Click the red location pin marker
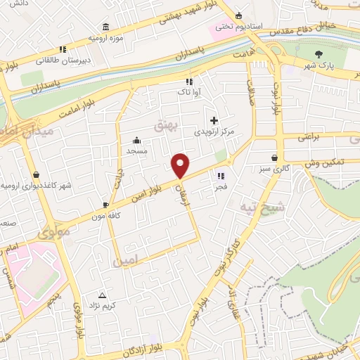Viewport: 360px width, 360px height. [181, 166]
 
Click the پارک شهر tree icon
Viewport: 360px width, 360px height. [320, 53]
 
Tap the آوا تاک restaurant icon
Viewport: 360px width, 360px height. [188, 81]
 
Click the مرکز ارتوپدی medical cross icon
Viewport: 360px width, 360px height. [214, 120]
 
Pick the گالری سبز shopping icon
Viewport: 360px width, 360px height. [274, 158]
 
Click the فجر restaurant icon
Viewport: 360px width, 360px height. [220, 176]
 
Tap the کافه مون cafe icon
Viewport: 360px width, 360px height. [105, 205]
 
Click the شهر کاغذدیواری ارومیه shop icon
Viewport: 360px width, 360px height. [36, 174]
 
